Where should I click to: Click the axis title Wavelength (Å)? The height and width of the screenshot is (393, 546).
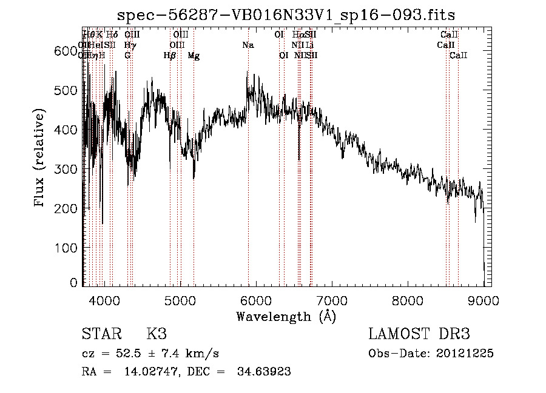(x=286, y=316)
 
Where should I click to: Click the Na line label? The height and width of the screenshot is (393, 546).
(x=248, y=45)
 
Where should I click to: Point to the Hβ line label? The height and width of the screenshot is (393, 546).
(x=169, y=55)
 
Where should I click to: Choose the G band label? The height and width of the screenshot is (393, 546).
(x=127, y=55)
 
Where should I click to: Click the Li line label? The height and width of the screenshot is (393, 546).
(x=309, y=45)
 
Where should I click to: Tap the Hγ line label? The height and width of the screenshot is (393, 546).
(x=129, y=45)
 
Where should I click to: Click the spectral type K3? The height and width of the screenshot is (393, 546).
(x=157, y=334)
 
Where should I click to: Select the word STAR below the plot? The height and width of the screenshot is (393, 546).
(x=100, y=334)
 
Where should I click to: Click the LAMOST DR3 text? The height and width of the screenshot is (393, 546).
(x=419, y=334)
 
